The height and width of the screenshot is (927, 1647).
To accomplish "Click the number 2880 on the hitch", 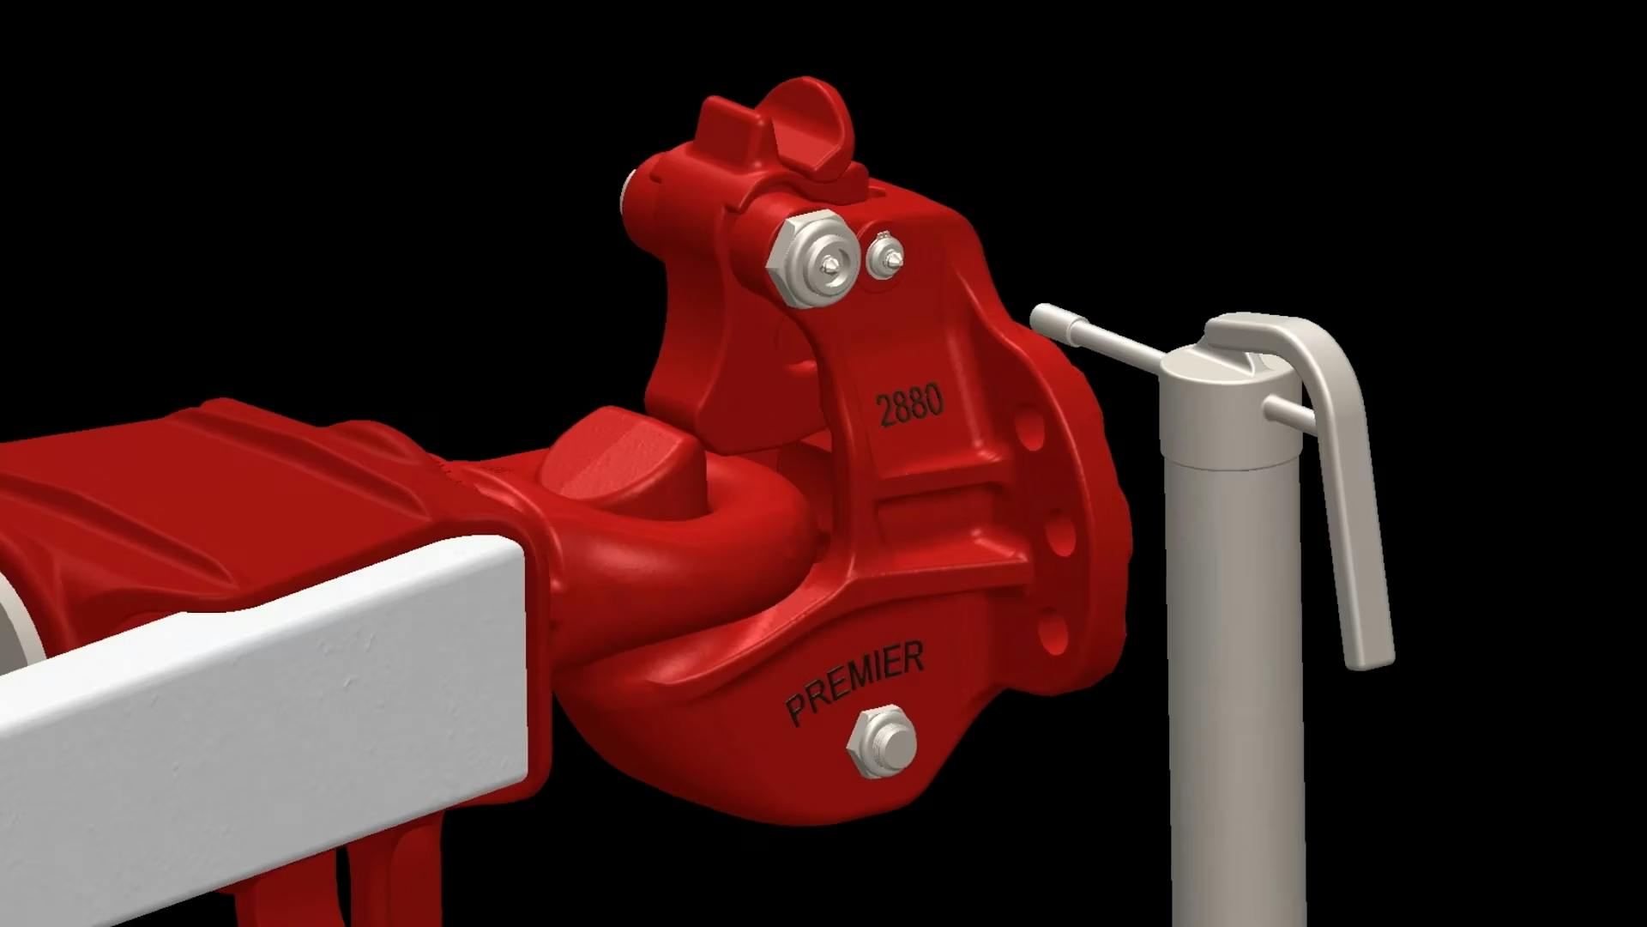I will coord(909,405).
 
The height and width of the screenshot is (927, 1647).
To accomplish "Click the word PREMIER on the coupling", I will coord(854,682).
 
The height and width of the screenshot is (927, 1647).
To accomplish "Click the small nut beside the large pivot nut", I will coord(885,256).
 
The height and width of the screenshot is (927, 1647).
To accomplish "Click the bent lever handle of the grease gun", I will coord(1347,481).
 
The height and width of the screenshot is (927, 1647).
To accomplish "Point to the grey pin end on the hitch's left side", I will coord(628,193).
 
